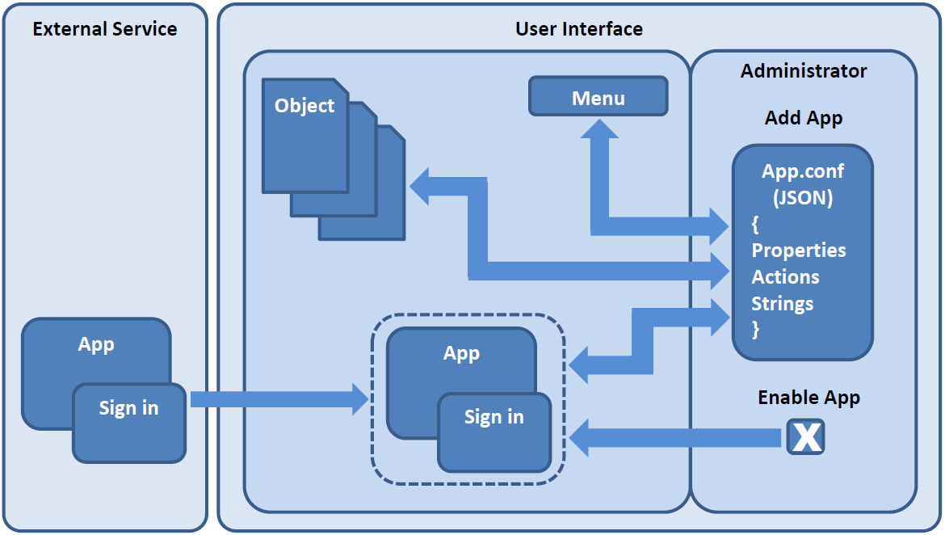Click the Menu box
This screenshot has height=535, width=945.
click(x=598, y=98)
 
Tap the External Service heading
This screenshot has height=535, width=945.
click(x=105, y=30)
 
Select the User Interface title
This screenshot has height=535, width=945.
click(x=579, y=30)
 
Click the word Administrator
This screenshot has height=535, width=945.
click(x=804, y=71)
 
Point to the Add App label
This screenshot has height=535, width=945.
click(x=804, y=118)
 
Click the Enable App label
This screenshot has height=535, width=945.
click(x=808, y=398)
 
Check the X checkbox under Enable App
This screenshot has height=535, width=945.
click(x=805, y=437)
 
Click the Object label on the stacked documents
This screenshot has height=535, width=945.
click(x=304, y=106)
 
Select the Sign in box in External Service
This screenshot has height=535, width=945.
click(x=129, y=422)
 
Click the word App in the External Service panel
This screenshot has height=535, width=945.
click(x=96, y=344)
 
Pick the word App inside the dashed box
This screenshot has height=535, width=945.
click(x=461, y=353)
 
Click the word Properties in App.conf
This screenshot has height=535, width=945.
click(x=799, y=251)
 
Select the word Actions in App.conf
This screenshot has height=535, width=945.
click(x=785, y=277)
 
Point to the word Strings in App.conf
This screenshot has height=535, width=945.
click(x=782, y=304)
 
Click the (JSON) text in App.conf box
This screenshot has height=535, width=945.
click(x=802, y=198)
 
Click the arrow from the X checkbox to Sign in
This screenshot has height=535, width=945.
click(x=678, y=438)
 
